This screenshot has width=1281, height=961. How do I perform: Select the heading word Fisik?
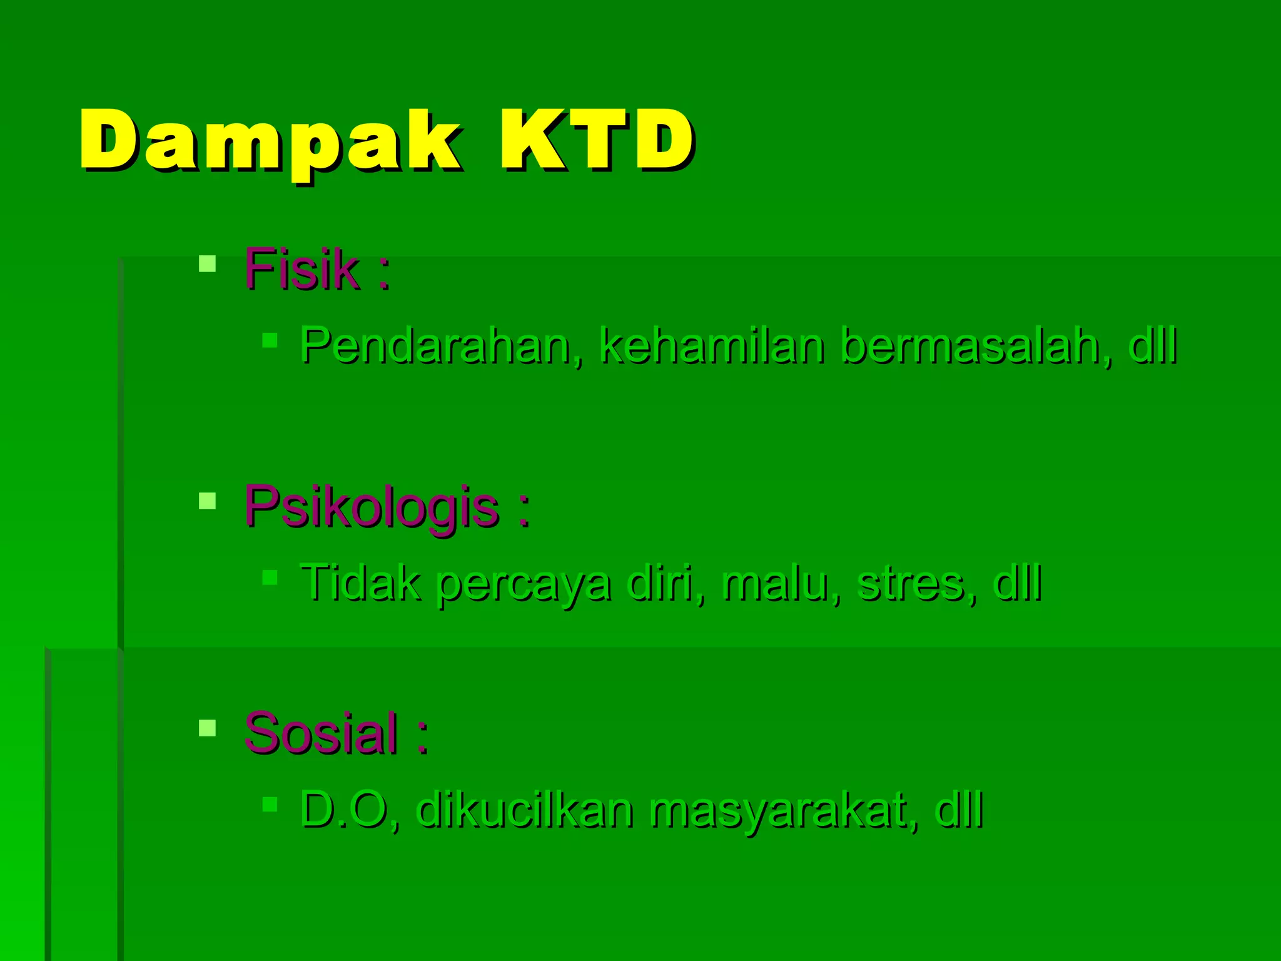click(x=301, y=270)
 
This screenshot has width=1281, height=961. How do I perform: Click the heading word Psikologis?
click(x=372, y=507)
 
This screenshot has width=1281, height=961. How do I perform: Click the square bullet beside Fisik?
click(x=207, y=263)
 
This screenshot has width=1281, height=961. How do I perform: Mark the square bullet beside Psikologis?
click(x=207, y=501)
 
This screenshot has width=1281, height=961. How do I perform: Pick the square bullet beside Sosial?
click(x=207, y=728)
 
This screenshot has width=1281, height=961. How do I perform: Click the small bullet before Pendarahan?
click(x=270, y=340)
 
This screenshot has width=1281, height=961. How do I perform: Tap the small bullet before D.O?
click(x=270, y=804)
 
